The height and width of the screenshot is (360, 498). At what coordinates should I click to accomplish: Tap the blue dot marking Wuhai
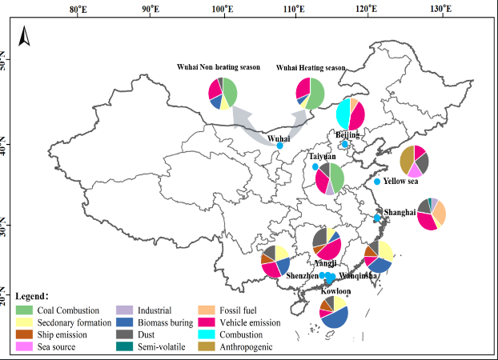point(279,146)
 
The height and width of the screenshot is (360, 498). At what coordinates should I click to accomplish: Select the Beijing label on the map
point(348,135)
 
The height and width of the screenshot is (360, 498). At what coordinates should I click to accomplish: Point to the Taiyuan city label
point(323,157)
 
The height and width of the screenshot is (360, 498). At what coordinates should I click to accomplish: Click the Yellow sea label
point(400,181)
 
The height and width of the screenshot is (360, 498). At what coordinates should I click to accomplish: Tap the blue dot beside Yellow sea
point(377,182)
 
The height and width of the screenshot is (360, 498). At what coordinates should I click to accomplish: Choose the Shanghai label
point(400,212)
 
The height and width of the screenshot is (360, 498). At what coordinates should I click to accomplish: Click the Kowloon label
point(335,291)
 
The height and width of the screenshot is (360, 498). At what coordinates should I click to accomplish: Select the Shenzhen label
point(302,275)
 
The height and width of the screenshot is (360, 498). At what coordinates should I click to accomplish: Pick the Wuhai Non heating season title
point(219,68)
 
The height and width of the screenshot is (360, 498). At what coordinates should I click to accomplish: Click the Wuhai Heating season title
point(311,68)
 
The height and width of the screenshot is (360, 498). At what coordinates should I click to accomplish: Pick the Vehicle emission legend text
point(254,322)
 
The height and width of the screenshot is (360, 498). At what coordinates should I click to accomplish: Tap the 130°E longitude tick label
point(440,9)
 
